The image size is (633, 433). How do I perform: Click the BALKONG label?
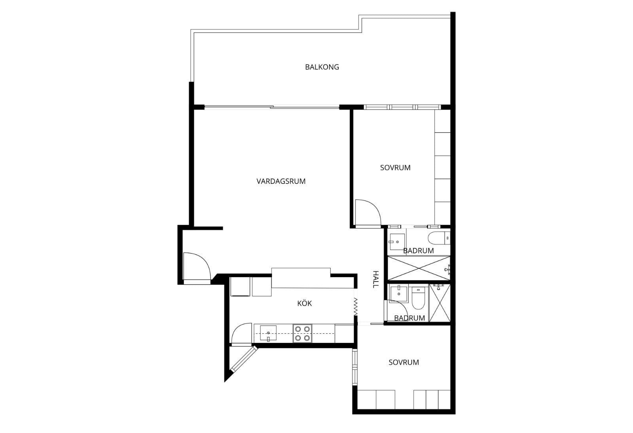pyautogui.click(x=322, y=67)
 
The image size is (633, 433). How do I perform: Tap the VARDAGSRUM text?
pyautogui.click(x=281, y=182)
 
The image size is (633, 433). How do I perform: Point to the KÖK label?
pyautogui.click(x=304, y=303)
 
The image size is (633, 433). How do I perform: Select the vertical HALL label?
pyautogui.click(x=375, y=279)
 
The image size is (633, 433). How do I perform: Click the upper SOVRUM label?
pyautogui.click(x=395, y=168)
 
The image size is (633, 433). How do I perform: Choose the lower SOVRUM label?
pyautogui.click(x=404, y=362)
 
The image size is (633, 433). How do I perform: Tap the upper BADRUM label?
pyautogui.click(x=418, y=251)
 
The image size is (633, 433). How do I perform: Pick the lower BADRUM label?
pyautogui.click(x=409, y=318)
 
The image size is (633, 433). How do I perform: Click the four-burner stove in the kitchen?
pyautogui.click(x=302, y=333)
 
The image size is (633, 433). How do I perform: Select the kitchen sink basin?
pyautogui.click(x=268, y=333)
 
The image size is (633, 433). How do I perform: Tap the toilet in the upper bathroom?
pyautogui.click(x=439, y=238)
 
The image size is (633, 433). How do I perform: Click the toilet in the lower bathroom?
pyautogui.click(x=418, y=298)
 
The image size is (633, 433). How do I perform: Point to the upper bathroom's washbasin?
pyautogui.click(x=397, y=242)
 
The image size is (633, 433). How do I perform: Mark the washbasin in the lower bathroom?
pyautogui.click(x=399, y=294)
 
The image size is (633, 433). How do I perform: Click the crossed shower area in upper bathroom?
pyautogui.click(x=419, y=268)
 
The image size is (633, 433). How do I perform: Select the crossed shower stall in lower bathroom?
pyautogui.click(x=440, y=303)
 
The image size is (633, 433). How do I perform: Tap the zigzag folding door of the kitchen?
pyautogui.click(x=356, y=307)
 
